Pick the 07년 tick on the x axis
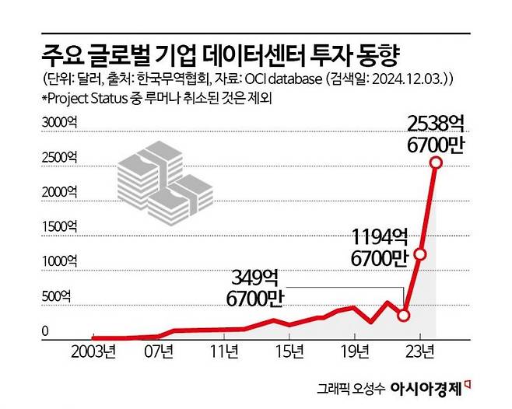click(x=159, y=351)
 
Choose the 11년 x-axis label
click(x=224, y=351)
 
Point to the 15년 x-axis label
click(x=289, y=351)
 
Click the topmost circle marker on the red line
click(x=436, y=163)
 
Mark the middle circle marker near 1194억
click(x=420, y=254)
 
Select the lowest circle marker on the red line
click(x=404, y=315)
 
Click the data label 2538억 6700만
click(x=437, y=135)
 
